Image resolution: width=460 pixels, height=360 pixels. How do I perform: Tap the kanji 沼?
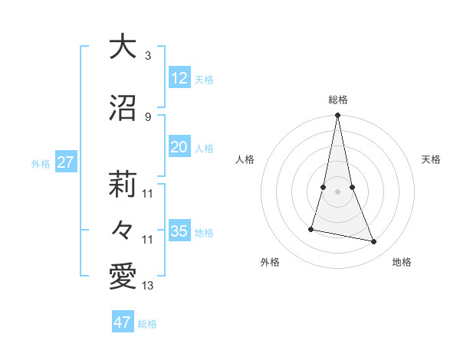click(123, 106)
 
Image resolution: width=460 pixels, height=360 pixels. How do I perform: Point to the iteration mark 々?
click(123, 229)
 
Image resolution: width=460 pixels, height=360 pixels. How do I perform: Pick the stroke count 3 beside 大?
click(148, 56)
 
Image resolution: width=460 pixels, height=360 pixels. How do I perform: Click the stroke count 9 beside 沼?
click(148, 116)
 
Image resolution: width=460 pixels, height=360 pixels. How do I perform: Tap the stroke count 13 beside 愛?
click(148, 286)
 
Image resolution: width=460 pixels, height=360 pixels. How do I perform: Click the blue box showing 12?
click(179, 78)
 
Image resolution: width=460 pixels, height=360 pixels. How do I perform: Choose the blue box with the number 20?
click(179, 147)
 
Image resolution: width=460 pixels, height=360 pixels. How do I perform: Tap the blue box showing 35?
click(179, 231)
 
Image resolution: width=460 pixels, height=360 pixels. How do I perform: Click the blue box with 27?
click(65, 162)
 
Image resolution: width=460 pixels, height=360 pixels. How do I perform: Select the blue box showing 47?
click(123, 322)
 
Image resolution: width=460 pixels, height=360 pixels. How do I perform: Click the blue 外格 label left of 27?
click(41, 164)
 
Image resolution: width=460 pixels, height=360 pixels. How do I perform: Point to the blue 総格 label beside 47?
click(147, 324)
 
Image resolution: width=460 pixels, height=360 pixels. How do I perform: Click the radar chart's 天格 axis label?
click(432, 159)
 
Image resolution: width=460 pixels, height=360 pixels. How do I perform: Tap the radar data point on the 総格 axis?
click(337, 116)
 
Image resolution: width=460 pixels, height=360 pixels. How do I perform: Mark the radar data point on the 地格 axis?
click(374, 242)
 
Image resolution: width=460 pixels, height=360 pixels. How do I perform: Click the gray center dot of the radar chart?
click(337, 191)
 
